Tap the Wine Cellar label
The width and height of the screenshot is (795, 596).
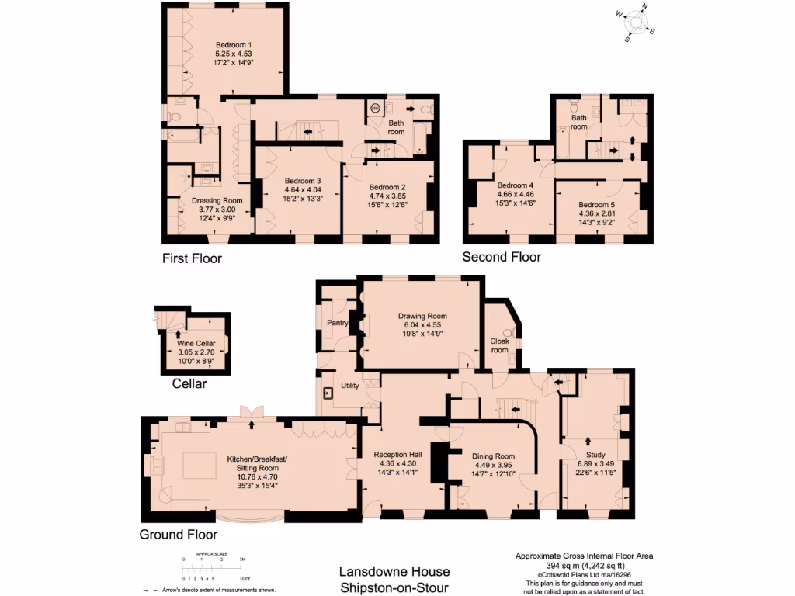click(x=196, y=344)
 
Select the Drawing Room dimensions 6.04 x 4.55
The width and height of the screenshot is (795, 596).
click(x=422, y=326)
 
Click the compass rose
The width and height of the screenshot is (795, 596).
click(x=638, y=23)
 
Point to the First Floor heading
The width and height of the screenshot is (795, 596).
click(x=192, y=258)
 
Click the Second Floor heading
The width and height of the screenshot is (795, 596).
click(x=502, y=257)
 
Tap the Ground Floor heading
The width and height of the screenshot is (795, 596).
click(x=178, y=535)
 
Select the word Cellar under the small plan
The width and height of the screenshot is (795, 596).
click(x=190, y=383)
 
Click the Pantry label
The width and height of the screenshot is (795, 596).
click(x=337, y=323)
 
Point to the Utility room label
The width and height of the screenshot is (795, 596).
click(x=349, y=386)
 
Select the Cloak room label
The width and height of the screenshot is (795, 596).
click(x=499, y=345)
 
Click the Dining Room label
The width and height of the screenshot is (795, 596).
click(x=494, y=456)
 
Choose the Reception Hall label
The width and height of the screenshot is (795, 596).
click(x=397, y=455)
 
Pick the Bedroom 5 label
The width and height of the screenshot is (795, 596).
click(x=597, y=204)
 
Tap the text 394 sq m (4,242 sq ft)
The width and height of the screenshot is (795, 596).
click(x=585, y=565)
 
